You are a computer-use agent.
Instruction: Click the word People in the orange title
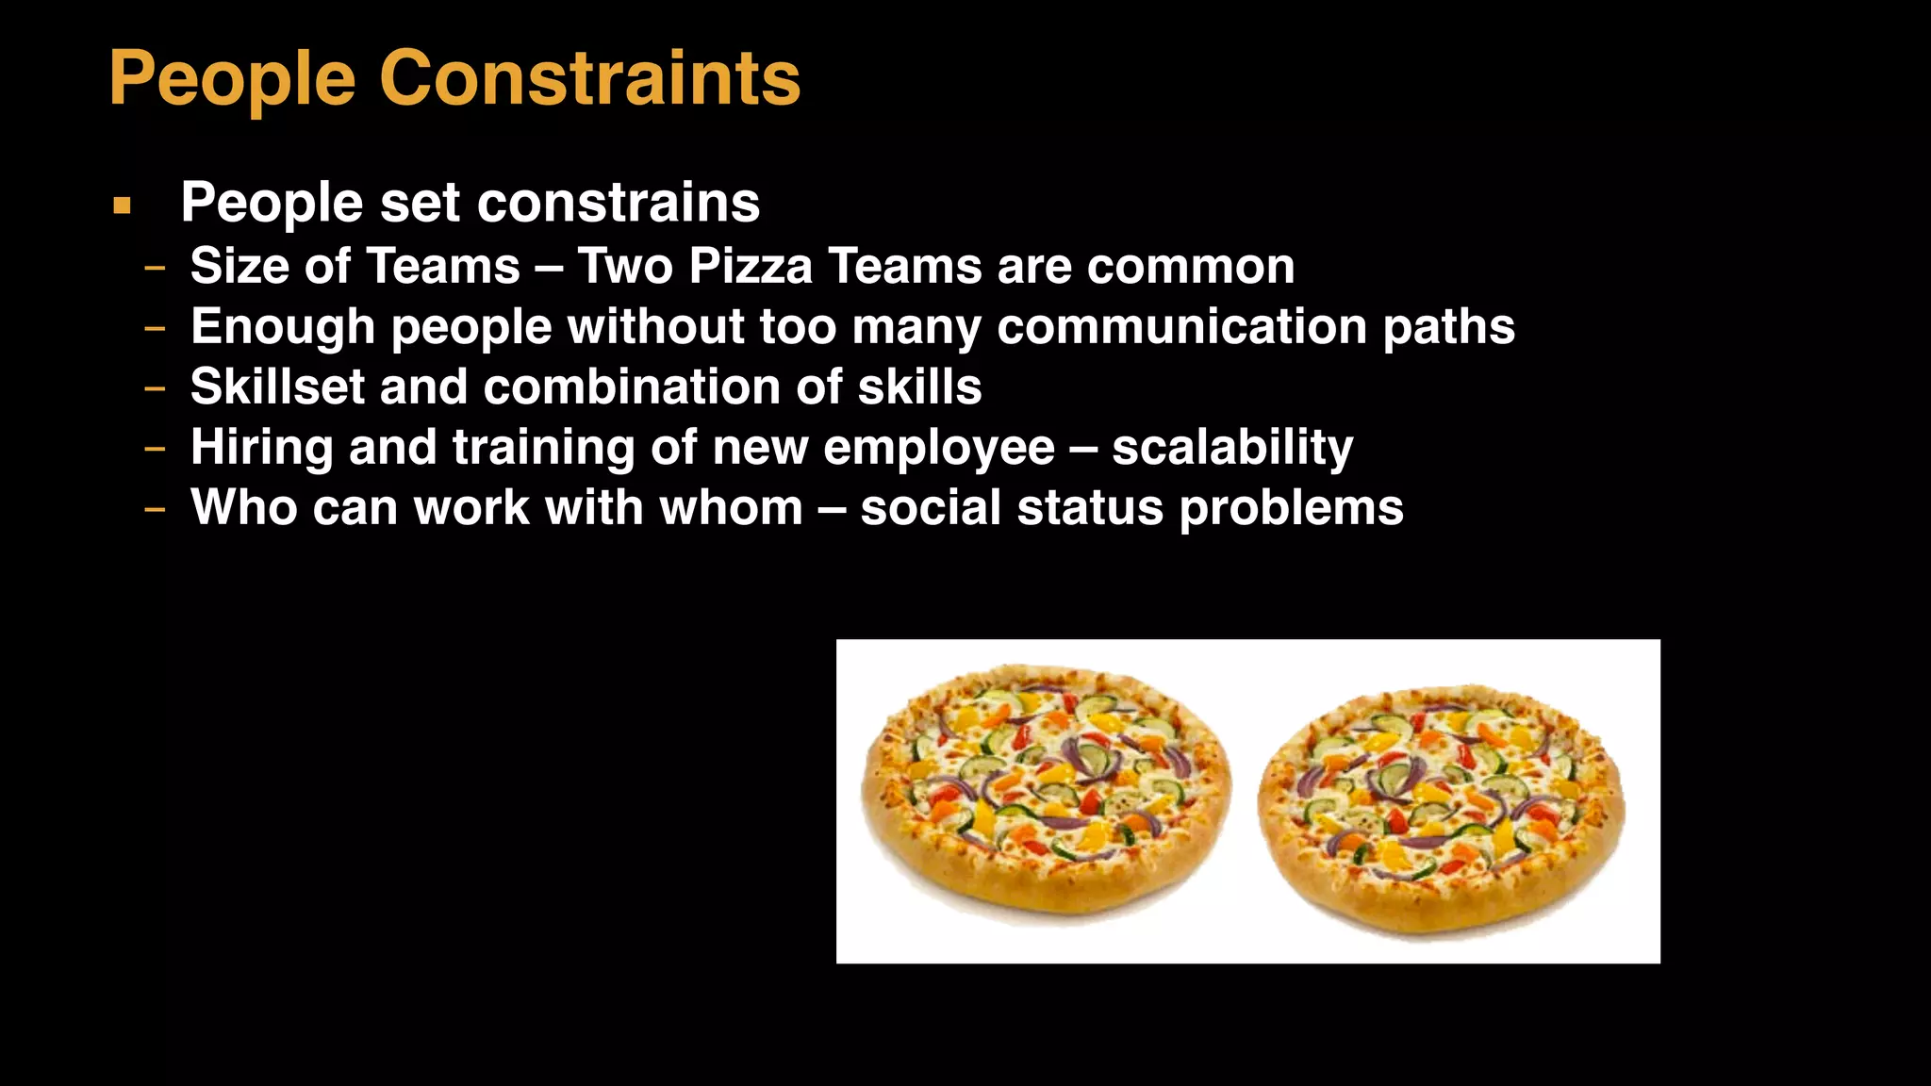(x=232, y=79)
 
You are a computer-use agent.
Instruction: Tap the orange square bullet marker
(x=122, y=205)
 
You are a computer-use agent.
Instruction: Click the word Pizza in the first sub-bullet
(x=751, y=266)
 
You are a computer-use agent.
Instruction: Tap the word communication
(x=1182, y=326)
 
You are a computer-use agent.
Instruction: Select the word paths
(x=1449, y=326)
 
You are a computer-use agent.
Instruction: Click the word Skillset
(x=277, y=387)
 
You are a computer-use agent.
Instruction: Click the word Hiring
(x=262, y=448)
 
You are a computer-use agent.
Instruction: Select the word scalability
(x=1232, y=448)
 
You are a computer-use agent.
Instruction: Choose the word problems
(x=1292, y=509)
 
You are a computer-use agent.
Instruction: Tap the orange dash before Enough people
(x=155, y=328)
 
